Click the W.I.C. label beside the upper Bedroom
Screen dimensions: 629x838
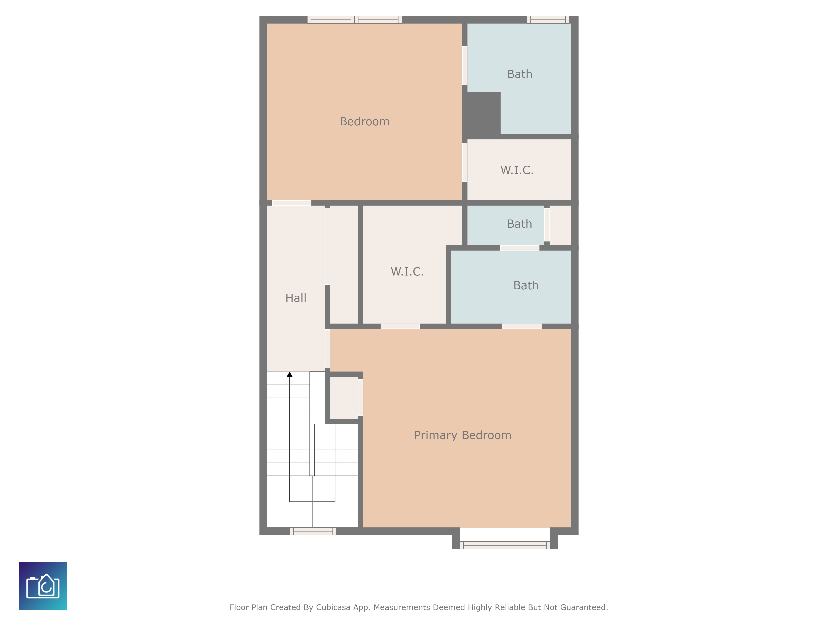point(517,170)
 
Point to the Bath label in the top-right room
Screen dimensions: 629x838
point(519,74)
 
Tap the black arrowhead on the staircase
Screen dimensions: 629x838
point(290,375)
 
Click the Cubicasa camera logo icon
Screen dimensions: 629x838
point(43,586)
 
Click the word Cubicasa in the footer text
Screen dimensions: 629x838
point(333,607)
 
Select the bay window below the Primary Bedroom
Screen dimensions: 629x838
point(505,545)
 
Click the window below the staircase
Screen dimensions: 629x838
point(313,531)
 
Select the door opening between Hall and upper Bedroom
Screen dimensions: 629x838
point(291,203)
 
